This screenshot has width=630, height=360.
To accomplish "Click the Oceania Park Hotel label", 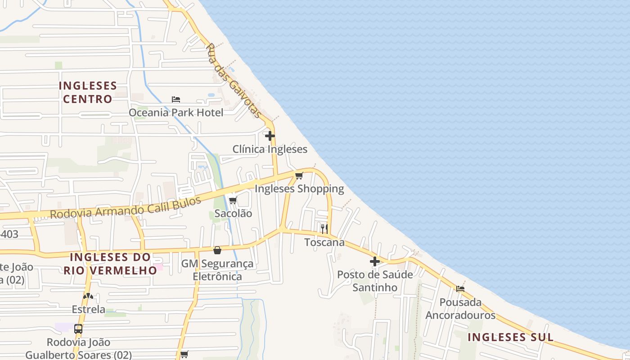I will (x=176, y=112).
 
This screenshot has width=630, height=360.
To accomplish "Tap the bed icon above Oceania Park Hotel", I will (x=176, y=99).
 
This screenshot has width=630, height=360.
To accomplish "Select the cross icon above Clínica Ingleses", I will (x=270, y=136).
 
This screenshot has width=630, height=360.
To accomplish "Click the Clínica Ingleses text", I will (x=270, y=149).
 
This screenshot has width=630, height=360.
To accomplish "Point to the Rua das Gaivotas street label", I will (x=234, y=81).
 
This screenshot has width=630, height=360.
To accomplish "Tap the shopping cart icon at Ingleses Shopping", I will (x=299, y=175).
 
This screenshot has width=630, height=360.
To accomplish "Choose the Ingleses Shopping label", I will (x=299, y=189).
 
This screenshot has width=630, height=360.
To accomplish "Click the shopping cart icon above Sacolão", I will (x=233, y=200).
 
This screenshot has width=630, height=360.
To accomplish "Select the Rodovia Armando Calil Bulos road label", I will (x=126, y=207).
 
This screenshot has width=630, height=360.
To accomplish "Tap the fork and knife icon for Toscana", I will (x=324, y=229).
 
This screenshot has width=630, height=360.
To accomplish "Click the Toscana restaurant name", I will (x=324, y=242).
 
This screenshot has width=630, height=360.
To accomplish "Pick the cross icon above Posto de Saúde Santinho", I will (x=375, y=261).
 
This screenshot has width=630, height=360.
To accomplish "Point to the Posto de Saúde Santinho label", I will (x=375, y=281).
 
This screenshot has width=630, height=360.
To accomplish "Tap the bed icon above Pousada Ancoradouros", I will (x=460, y=289).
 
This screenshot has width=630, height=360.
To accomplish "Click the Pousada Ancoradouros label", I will (x=460, y=309).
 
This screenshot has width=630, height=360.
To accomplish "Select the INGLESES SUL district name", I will (x=510, y=337).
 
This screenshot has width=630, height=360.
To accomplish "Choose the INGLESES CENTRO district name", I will (x=88, y=92).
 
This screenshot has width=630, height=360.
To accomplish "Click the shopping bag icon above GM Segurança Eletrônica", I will (x=217, y=250).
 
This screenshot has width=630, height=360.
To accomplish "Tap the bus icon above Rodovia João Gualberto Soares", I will (x=78, y=328).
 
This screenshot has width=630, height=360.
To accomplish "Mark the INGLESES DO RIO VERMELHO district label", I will (x=110, y=264).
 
